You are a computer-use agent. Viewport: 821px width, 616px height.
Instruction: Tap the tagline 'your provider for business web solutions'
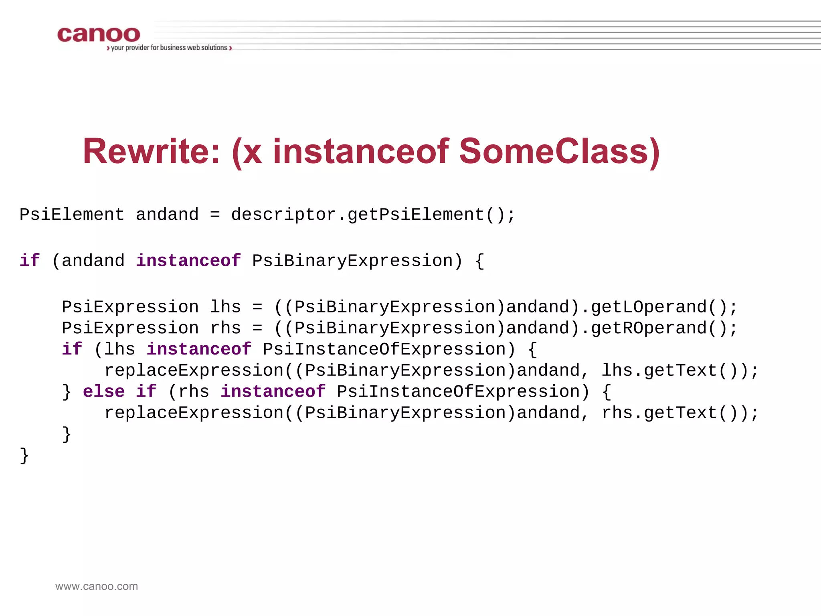[169, 48]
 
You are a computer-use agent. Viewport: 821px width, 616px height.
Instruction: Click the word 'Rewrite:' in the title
[152, 152]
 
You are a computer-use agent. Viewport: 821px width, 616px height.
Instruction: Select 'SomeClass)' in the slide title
[559, 152]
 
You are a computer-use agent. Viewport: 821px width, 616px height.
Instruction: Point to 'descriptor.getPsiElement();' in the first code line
[373, 215]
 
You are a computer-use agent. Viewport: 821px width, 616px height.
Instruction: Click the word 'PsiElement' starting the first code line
[72, 215]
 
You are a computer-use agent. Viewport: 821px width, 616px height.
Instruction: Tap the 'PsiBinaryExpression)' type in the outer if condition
[357, 261]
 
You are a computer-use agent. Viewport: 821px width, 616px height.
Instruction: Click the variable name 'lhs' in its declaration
[225, 307]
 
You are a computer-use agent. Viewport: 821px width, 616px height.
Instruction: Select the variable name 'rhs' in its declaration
[225, 328]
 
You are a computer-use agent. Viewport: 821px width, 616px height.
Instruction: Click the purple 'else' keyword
[104, 391]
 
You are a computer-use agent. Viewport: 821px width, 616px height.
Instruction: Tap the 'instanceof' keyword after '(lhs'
[199, 349]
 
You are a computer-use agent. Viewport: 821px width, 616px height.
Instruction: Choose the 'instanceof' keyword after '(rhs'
[273, 391]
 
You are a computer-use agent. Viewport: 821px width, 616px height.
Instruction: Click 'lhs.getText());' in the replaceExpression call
[680, 371]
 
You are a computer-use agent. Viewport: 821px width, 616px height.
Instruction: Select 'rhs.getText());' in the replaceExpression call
[680, 413]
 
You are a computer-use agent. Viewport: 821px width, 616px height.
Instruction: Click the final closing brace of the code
[24, 456]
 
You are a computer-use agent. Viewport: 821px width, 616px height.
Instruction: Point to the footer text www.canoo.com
[97, 586]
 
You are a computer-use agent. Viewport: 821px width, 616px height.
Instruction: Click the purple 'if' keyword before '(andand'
[30, 261]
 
